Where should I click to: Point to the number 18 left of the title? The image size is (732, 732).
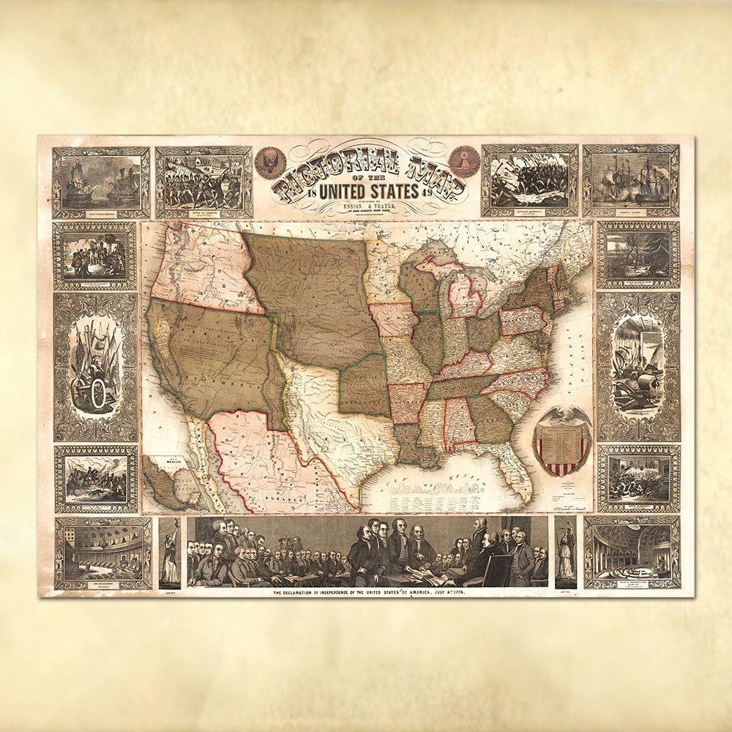pos(313,193)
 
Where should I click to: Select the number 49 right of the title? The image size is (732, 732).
pos(426,193)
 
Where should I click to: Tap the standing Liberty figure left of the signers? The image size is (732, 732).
pos(170,553)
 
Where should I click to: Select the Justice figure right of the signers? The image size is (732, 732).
pos(565,553)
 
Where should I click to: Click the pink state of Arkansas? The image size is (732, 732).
pos(407,403)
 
